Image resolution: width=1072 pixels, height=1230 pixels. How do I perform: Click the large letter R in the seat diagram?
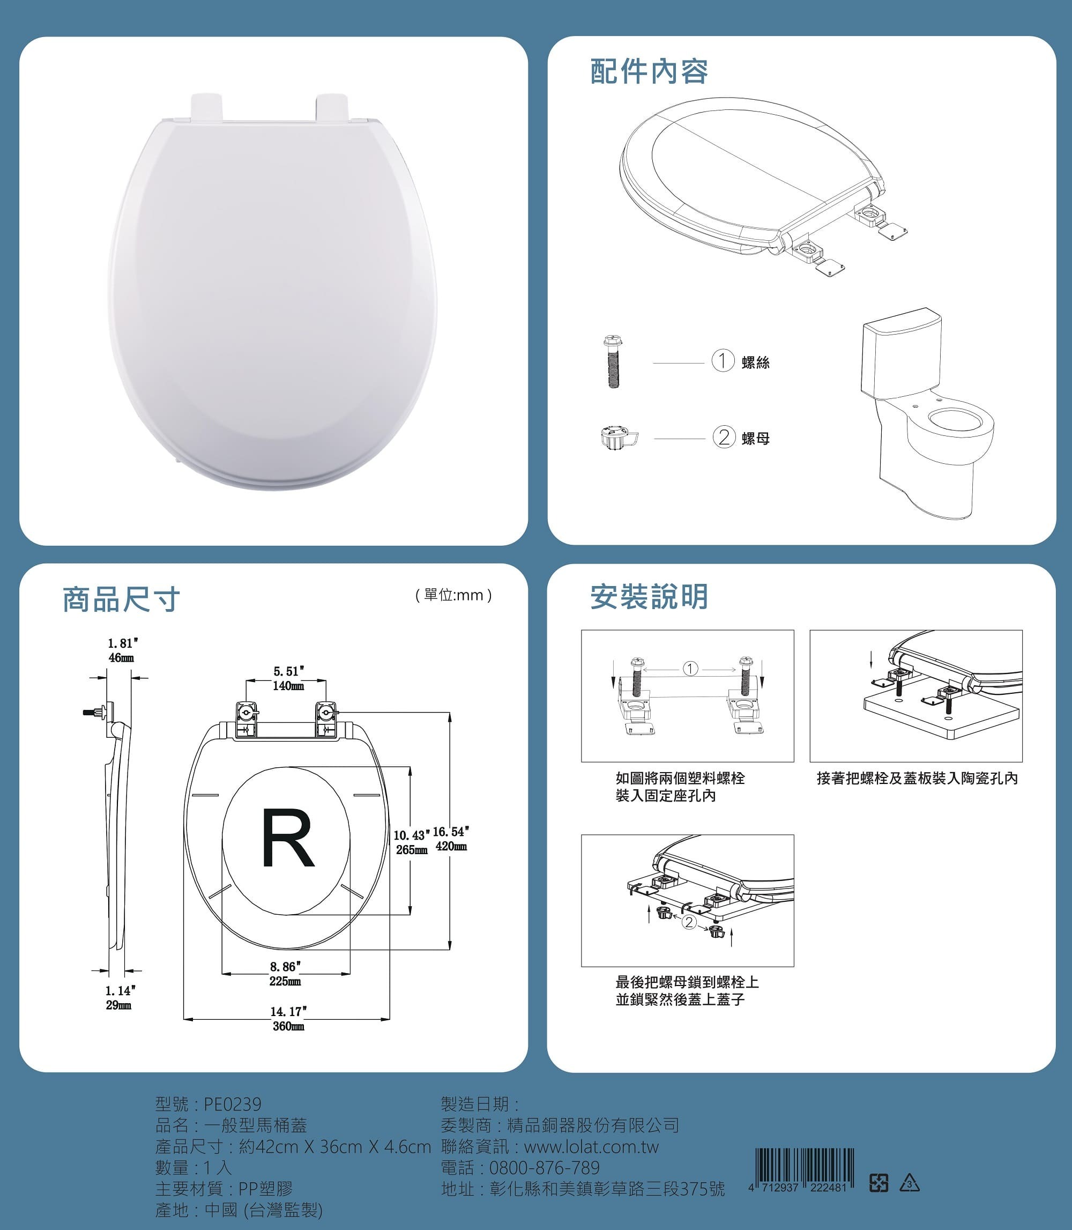click(x=288, y=838)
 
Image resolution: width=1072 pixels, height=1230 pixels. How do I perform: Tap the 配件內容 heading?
click(x=649, y=72)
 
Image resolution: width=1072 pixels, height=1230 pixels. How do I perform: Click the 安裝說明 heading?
click(x=649, y=597)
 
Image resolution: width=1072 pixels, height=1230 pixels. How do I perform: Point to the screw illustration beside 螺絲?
click(x=613, y=362)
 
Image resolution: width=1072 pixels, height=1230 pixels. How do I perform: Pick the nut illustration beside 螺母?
click(x=619, y=438)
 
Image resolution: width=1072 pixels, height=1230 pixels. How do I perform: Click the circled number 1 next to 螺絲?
click(x=723, y=361)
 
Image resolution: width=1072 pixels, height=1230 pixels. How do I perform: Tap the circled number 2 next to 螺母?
click(x=724, y=438)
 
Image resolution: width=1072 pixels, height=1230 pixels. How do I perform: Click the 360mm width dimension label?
click(x=288, y=1026)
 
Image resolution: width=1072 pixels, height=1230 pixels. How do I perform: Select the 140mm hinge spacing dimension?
click(x=288, y=686)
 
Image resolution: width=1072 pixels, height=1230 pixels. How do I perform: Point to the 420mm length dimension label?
click(x=451, y=846)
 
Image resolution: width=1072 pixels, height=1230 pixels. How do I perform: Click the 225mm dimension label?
click(x=285, y=982)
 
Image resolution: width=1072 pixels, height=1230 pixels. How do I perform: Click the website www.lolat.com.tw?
click(x=591, y=1147)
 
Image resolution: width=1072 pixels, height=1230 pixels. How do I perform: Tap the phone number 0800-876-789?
click(x=545, y=1168)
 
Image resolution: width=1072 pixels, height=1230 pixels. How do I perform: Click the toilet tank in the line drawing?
click(x=902, y=357)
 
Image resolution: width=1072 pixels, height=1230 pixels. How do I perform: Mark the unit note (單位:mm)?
click(x=453, y=595)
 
